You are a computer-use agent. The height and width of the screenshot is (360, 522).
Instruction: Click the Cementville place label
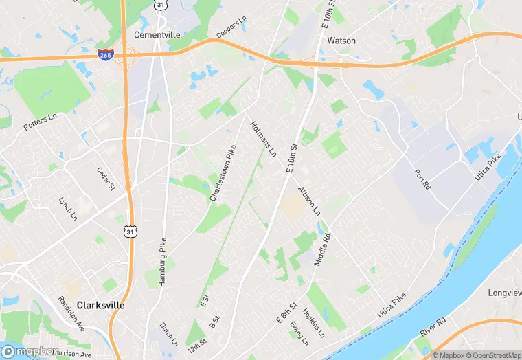[157, 34]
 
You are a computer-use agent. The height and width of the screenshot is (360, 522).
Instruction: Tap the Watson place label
[341, 41]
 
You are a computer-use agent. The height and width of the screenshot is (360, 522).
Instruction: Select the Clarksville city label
[101, 304]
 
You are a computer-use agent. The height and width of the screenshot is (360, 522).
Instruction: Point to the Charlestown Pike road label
[223, 172]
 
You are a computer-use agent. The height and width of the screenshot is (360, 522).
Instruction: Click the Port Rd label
[422, 180]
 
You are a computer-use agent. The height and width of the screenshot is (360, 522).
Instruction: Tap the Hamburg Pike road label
[163, 262]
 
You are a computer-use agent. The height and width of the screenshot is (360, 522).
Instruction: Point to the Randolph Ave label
[71, 312]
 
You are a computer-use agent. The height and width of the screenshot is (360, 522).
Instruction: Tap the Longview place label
[505, 293]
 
